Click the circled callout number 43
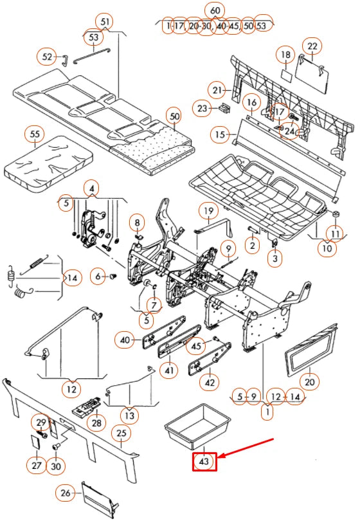204,462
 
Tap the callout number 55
35,134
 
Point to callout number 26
66,493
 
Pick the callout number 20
309,381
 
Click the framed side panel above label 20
311,349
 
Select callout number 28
96,423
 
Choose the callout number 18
285,55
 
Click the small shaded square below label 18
286,74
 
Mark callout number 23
203,108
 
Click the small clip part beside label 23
225,107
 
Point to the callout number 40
125,340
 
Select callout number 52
48,57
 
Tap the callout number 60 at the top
215,11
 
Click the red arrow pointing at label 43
246,448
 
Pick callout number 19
208,211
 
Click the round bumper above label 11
336,213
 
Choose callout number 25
122,433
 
